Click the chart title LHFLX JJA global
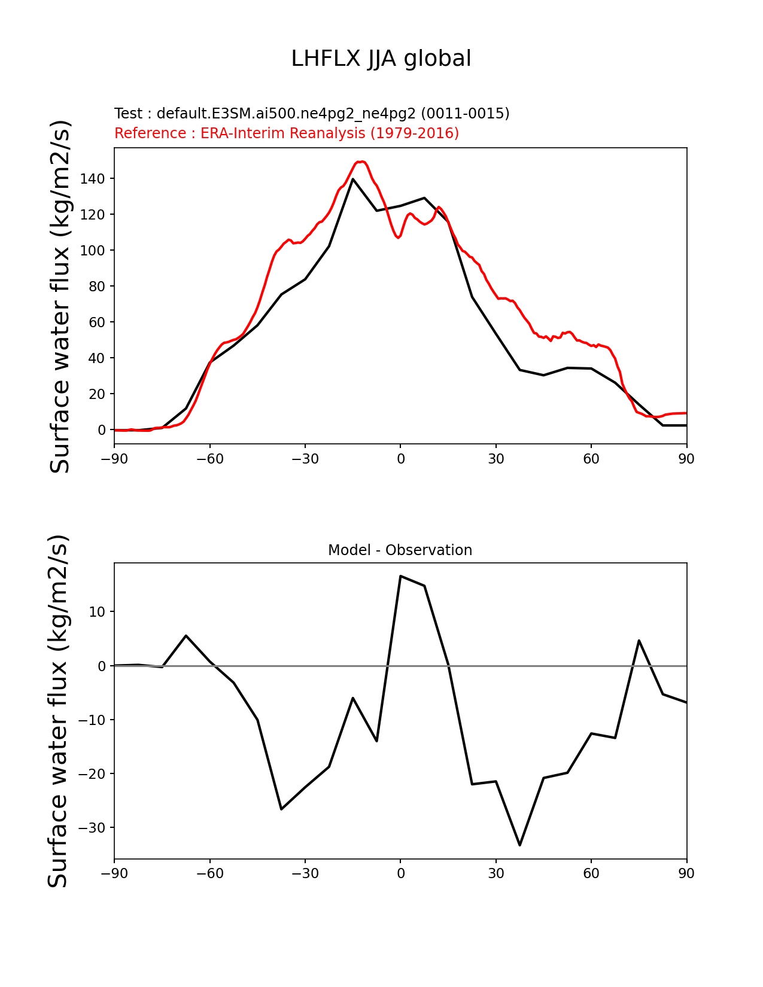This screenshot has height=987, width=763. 381,59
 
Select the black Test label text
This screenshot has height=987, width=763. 312,114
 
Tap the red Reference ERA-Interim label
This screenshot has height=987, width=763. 287,133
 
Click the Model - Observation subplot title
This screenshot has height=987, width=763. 400,550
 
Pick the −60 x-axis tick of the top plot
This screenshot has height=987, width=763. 210,459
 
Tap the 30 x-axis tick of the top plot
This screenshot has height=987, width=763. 496,459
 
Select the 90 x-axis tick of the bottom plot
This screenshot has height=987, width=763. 686,873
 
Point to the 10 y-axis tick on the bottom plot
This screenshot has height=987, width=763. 98,612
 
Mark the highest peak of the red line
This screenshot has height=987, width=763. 361,162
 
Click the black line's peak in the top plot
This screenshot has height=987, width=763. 353,179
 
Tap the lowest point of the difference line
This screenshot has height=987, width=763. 519,845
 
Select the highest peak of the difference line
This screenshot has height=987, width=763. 400,576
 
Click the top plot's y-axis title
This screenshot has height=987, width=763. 60,296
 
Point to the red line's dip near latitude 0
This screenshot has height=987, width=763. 398,237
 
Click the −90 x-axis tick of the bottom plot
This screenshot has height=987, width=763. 114,873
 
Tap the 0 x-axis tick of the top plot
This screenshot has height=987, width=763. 400,459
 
